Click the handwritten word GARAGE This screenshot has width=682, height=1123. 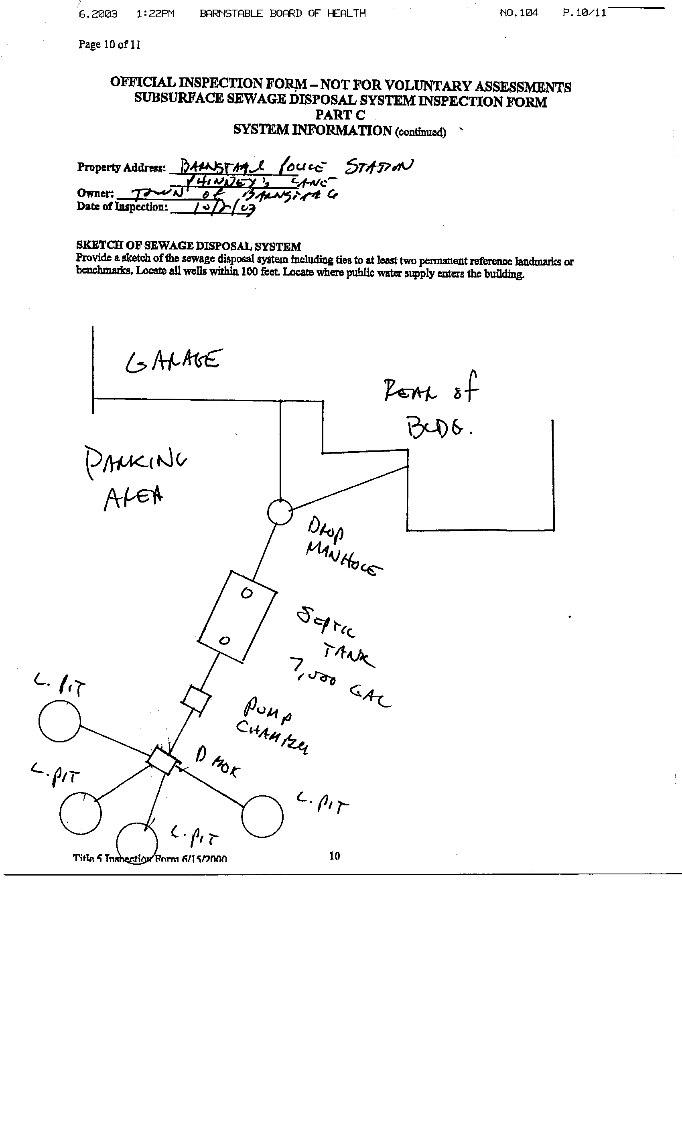174,361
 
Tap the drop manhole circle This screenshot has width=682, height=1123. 280,512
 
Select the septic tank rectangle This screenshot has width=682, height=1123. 237,616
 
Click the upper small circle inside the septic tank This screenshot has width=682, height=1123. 246,593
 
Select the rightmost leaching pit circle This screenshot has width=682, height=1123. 262,816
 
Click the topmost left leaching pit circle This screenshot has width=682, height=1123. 60,722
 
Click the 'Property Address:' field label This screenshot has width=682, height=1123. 121,167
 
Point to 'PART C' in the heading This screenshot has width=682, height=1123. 340,115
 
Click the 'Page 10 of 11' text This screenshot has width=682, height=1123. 110,44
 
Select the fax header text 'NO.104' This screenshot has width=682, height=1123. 518,13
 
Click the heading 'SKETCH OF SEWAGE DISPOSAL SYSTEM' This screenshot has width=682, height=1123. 188,246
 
